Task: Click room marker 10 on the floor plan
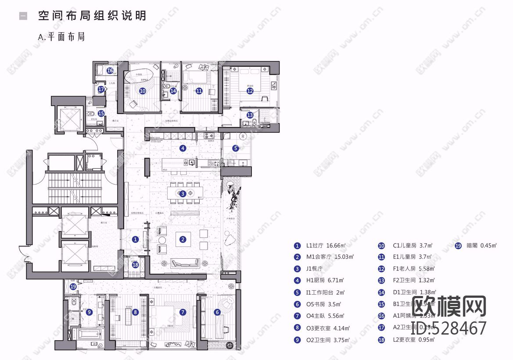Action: pos(142,91)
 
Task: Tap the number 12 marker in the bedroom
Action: pos(250,91)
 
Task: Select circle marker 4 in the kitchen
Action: pos(183,148)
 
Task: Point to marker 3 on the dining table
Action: pos(183,193)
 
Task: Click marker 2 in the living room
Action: pos(183,239)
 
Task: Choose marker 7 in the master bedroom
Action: pos(183,313)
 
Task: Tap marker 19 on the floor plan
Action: pos(73,286)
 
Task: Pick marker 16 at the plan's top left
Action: pos(110,70)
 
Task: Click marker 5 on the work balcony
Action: pos(236,148)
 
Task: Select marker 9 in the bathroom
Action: pos(89,312)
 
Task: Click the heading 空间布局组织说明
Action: pos(92,16)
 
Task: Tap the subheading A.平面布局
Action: pos(61,37)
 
